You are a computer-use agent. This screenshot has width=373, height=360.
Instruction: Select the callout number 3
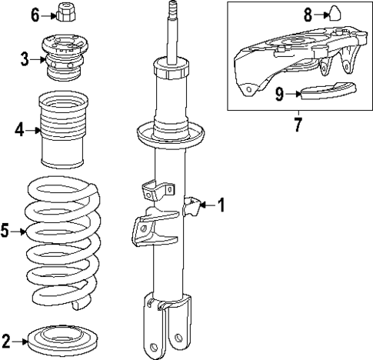25,58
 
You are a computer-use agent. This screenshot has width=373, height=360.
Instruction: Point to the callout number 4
18,130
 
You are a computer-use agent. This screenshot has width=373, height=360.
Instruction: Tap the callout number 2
7,339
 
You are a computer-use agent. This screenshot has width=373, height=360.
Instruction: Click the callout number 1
221,205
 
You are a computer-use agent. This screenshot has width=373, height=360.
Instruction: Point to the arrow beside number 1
206,205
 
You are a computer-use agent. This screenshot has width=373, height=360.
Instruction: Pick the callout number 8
307,13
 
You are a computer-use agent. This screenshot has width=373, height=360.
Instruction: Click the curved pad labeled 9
324,92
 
